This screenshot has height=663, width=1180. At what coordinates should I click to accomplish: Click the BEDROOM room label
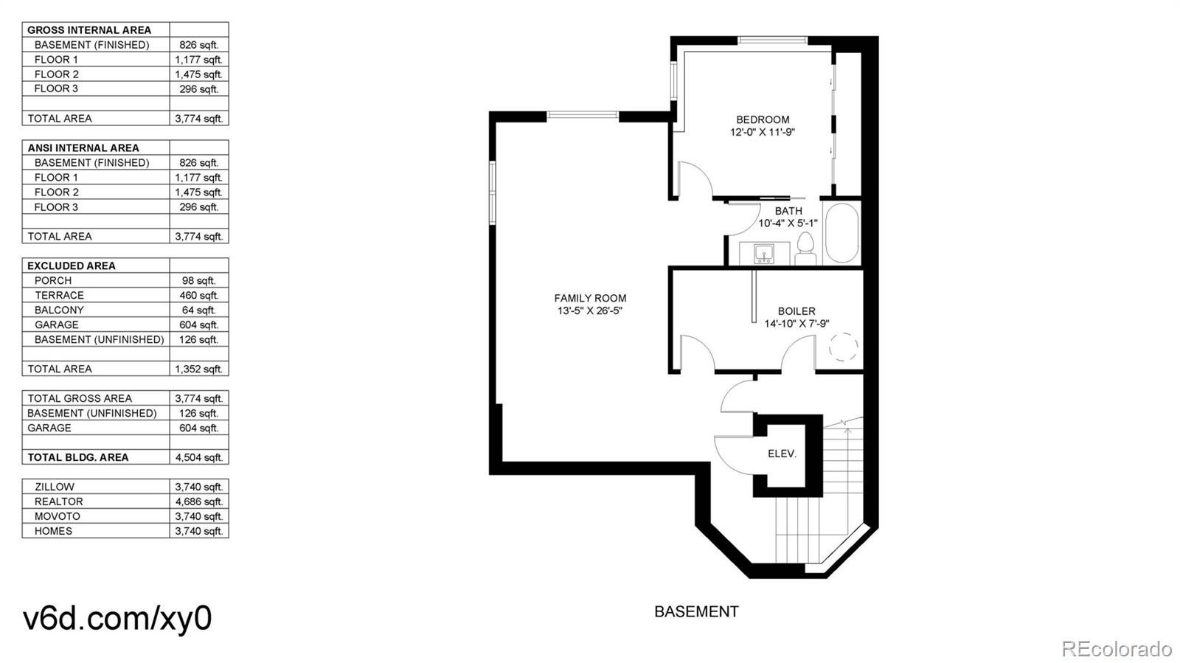763,119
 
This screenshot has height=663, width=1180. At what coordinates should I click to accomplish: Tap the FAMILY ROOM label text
590,298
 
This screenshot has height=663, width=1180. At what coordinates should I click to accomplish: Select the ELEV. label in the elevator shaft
782,454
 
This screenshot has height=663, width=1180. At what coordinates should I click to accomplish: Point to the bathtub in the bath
841,233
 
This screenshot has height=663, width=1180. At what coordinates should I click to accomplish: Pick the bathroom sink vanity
764,254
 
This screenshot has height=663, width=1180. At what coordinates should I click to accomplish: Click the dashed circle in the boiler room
844,347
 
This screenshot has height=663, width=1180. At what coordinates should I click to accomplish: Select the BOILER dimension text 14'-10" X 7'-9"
796,324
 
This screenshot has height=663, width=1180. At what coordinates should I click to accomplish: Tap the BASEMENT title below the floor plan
696,611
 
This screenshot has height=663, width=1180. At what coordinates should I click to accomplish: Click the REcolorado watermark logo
1117,649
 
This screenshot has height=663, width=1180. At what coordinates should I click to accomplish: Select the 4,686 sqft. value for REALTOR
198,501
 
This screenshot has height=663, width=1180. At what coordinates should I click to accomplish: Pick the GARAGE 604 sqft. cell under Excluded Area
198,324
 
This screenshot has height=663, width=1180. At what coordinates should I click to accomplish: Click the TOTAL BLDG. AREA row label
78,457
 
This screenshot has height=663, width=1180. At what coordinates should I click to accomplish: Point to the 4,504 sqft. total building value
198,457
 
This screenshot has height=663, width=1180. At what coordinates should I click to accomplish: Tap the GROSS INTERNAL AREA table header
89,30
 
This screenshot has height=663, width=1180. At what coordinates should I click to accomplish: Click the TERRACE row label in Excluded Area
59,295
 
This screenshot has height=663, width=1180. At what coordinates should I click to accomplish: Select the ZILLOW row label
55,487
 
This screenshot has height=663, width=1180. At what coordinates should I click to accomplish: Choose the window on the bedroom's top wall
773,41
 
